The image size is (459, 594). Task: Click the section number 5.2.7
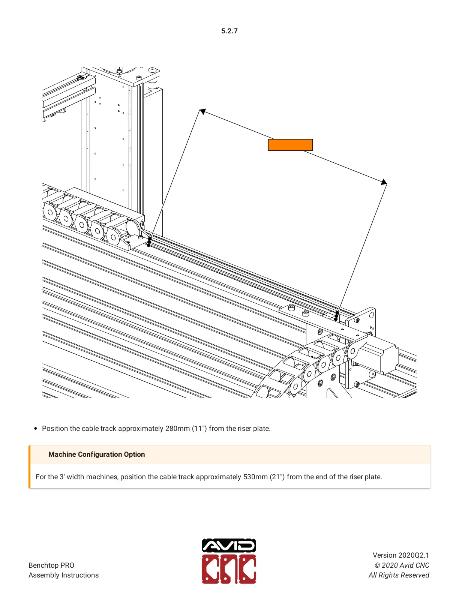[x=229, y=31]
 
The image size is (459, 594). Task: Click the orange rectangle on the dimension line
[x=290, y=145]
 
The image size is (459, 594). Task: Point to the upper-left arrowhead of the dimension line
[x=202, y=111]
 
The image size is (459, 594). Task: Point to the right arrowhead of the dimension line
[x=384, y=182]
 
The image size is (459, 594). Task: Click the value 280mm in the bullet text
[x=177, y=429]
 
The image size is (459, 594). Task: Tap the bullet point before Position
[x=36, y=429]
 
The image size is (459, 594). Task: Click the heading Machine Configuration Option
[x=96, y=454]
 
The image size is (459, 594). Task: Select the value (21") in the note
[x=277, y=477]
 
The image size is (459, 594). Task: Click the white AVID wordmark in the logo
[x=229, y=546]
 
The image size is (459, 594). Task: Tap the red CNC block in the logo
[x=229, y=569]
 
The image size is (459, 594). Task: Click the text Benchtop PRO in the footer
[x=51, y=565]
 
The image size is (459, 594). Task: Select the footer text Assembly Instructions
[x=63, y=575]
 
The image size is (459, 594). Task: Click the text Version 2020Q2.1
[x=400, y=555]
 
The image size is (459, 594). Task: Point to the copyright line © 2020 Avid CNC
[x=402, y=565]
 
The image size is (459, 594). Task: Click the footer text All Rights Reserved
[x=399, y=575]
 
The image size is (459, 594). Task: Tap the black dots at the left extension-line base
[x=149, y=242]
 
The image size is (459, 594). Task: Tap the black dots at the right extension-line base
[x=336, y=316]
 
